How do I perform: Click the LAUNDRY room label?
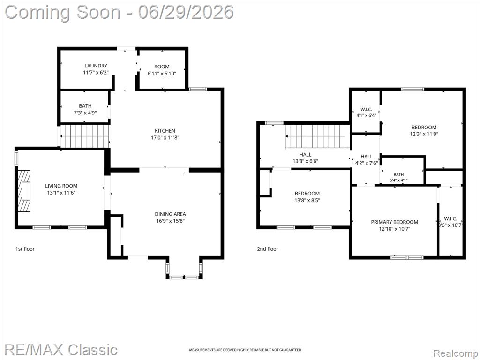(x=96, y=66)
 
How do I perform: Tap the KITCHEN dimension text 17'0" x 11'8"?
(x=165, y=138)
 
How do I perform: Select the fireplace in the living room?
(x=24, y=191)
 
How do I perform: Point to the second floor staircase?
(x=317, y=137)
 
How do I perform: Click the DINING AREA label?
(x=170, y=214)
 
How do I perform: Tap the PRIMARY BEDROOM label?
(x=395, y=222)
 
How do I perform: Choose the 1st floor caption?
(x=25, y=249)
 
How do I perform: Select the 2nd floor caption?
(x=268, y=249)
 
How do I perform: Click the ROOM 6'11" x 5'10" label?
(x=162, y=70)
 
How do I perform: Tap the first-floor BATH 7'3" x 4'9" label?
(x=85, y=109)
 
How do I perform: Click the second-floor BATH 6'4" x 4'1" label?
(x=398, y=178)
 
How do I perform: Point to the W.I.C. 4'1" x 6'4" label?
(x=366, y=112)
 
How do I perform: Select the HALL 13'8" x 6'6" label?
(x=306, y=157)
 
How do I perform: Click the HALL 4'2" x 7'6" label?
(x=367, y=159)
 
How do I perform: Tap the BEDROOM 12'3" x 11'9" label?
(x=424, y=130)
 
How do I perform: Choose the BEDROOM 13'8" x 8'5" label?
(x=307, y=197)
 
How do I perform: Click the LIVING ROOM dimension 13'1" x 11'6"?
(x=61, y=193)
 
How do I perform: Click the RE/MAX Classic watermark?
(x=61, y=349)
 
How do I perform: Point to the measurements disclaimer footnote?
(x=245, y=350)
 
